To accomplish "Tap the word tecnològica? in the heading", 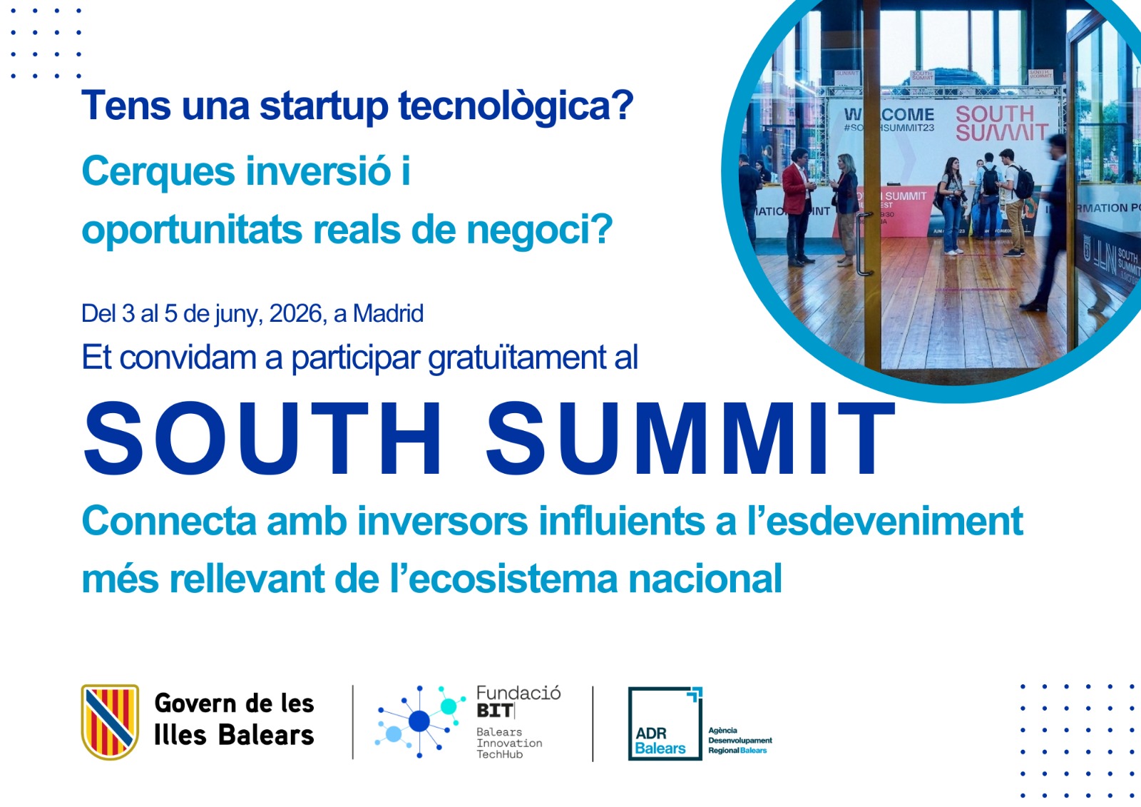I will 516,107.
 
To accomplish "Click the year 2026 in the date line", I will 296,313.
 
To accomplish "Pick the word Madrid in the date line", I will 388,313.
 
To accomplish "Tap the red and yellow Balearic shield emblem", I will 110,721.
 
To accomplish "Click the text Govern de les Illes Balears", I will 234,719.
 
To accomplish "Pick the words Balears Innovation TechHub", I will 509,743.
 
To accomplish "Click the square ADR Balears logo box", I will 665,723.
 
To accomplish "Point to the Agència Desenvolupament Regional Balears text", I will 740,741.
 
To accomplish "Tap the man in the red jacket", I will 797,205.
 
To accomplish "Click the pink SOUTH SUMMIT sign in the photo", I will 1001,123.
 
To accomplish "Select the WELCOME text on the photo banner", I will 890,115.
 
